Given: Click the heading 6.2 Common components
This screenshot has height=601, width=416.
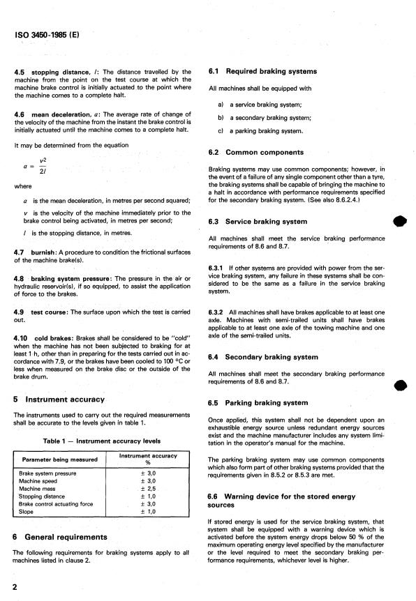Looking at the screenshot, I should pyautogui.click(x=257, y=152).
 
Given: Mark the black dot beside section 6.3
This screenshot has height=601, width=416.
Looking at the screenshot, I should pyautogui.click(x=399, y=222).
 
